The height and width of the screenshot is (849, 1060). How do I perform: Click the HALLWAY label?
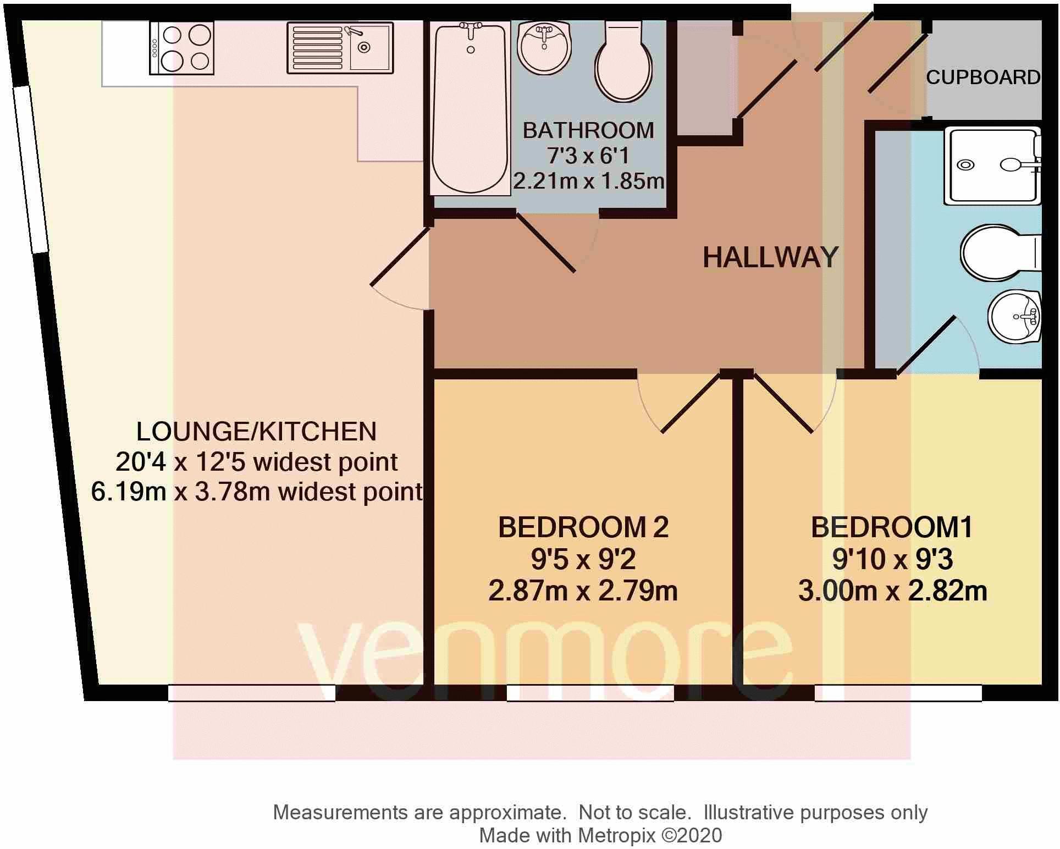(770, 257)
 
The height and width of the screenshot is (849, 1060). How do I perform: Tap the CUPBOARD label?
(982, 78)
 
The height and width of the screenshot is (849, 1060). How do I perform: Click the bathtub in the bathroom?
(470, 107)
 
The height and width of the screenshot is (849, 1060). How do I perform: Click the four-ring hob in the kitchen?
(181, 48)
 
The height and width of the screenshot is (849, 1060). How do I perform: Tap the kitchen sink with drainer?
(340, 48)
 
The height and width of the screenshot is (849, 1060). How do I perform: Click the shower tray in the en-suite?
(991, 166)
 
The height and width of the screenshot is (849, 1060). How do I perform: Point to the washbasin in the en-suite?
(1015, 317)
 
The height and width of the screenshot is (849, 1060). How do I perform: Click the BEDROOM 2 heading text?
(583, 527)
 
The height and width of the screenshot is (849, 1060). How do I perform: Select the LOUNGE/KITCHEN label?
(256, 431)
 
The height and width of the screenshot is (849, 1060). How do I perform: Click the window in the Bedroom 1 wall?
(897, 693)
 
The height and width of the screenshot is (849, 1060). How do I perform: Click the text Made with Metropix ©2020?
(600, 835)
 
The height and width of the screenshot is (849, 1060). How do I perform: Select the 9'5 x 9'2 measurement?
(583, 560)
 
